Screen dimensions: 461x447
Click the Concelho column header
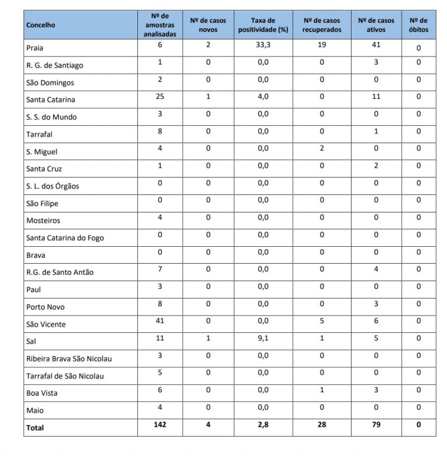click(x=41, y=26)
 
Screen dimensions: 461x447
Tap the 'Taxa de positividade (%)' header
click(x=264, y=25)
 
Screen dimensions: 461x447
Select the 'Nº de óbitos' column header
click(x=418, y=25)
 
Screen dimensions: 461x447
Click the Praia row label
click(x=36, y=48)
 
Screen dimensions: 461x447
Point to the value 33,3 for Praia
click(x=264, y=45)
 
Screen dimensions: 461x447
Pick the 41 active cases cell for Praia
click(x=376, y=45)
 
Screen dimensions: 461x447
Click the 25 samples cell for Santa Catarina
click(x=159, y=97)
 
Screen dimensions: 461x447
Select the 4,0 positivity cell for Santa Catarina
click(x=264, y=97)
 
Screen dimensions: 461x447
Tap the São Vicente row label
click(x=46, y=324)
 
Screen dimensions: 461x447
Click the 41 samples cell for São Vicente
click(x=159, y=321)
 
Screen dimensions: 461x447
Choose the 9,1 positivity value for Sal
click(x=264, y=338)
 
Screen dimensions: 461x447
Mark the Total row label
click(x=34, y=427)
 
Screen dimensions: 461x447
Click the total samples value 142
click(x=159, y=424)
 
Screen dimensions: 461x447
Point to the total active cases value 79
click(x=376, y=424)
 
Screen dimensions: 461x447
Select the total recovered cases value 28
click(x=321, y=424)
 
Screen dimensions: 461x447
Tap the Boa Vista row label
click(x=42, y=393)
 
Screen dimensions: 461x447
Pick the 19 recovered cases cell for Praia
click(x=321, y=45)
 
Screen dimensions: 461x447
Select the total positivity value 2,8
click(x=264, y=424)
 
